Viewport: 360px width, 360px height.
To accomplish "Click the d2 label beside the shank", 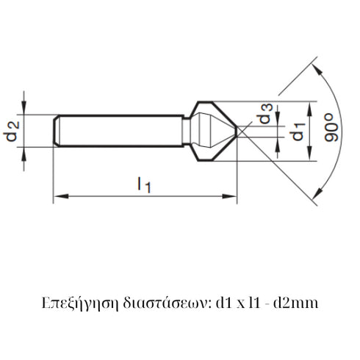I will (x=12, y=132).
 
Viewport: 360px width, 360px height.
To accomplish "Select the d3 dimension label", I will (x=266, y=116).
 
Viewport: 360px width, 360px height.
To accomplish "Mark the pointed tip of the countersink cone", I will (x=237, y=131).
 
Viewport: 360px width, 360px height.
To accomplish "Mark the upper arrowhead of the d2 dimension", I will (x=25, y=109).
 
